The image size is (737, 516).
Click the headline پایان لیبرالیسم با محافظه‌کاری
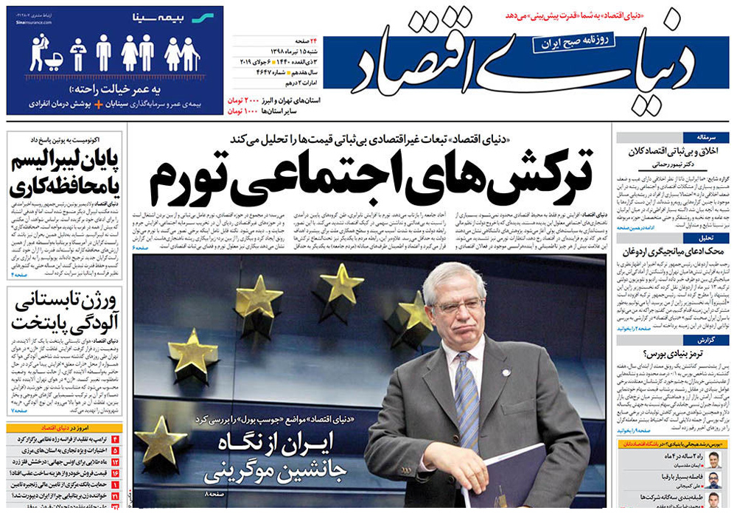click(x=65, y=175)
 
